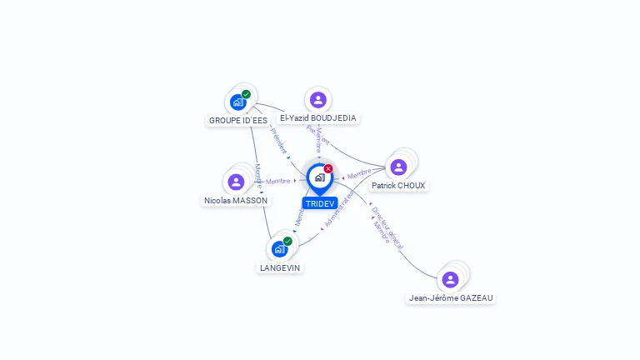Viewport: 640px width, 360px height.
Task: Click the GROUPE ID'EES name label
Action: (x=238, y=120)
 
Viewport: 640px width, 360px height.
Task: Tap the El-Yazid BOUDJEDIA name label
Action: (x=317, y=118)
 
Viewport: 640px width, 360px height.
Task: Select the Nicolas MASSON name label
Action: (x=236, y=201)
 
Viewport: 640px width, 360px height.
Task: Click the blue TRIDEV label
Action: (x=319, y=203)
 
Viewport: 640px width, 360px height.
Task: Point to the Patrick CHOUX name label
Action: (x=398, y=186)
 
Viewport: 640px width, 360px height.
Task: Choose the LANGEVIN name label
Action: (x=280, y=268)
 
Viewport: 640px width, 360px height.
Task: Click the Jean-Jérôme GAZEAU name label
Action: (x=451, y=297)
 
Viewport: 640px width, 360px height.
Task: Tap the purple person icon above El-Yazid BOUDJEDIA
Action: (x=317, y=100)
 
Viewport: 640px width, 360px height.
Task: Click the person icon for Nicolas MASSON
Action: (x=236, y=182)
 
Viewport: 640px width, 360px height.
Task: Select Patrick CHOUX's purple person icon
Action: (x=398, y=167)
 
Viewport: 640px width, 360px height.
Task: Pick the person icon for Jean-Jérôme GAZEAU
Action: (x=451, y=279)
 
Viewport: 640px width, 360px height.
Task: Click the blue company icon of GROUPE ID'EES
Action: (x=238, y=102)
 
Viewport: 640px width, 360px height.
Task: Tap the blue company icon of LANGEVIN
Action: (x=279, y=249)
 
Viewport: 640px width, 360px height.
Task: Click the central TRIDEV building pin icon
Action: (x=319, y=177)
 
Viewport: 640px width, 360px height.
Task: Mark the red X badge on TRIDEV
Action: (x=328, y=168)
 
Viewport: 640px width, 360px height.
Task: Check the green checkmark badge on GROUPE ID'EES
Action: (x=247, y=94)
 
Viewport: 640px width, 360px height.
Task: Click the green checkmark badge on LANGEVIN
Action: (x=287, y=241)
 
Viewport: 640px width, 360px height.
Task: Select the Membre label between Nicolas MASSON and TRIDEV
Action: (x=278, y=181)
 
